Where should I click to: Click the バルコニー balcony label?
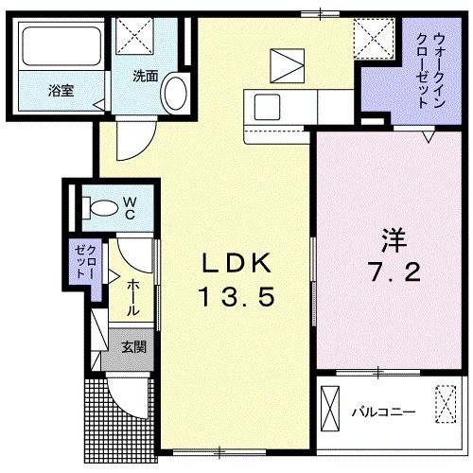pos(384,412)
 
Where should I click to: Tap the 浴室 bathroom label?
pos(61,92)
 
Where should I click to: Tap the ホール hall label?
pos(131,295)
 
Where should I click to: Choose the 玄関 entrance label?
pos(132,347)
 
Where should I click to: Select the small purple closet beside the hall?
pos(81,261)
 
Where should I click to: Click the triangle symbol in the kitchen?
pos(285,67)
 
